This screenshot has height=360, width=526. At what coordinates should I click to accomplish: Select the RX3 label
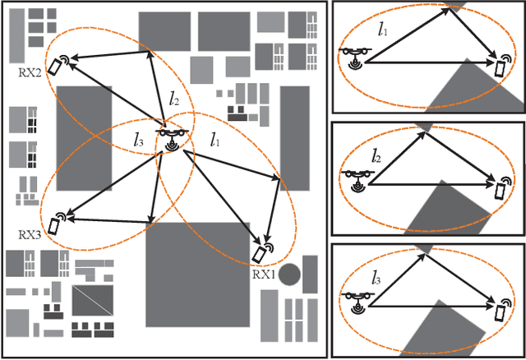pyautogui.click(x=30, y=234)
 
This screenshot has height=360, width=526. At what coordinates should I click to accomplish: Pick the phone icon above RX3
pyautogui.click(x=57, y=224)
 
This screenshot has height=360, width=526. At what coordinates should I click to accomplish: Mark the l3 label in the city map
pyautogui.click(x=139, y=141)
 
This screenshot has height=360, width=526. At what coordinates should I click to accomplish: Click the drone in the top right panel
pyautogui.click(x=357, y=55)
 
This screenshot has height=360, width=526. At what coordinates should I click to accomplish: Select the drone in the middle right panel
pyautogui.click(x=357, y=177)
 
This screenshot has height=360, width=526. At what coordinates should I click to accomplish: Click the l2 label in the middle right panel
pyautogui.click(x=376, y=154)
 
